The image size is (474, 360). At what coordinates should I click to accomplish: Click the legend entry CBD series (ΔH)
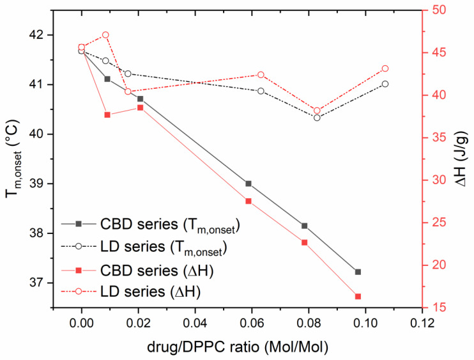pyautogui.click(x=156, y=272)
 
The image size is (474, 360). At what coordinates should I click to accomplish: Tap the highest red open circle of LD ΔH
pyautogui.click(x=105, y=35)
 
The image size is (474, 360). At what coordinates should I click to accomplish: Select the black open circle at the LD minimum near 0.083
pyautogui.click(x=317, y=118)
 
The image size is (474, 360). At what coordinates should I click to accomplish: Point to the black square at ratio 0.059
pyautogui.click(x=248, y=184)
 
